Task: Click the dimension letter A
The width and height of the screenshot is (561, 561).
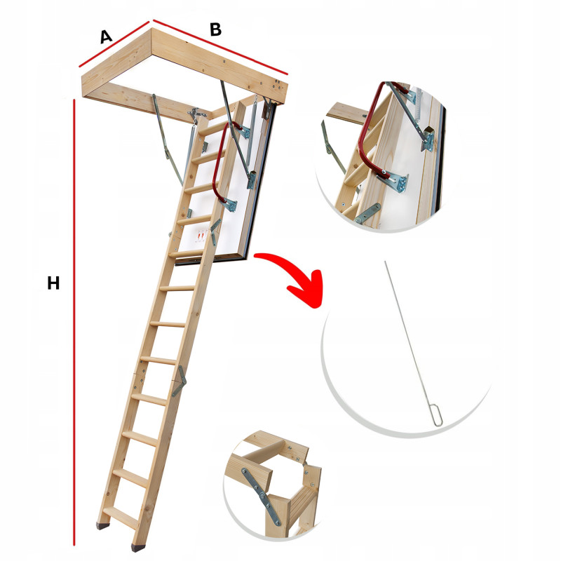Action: coord(106,36)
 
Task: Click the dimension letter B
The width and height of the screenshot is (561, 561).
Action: coord(216,29)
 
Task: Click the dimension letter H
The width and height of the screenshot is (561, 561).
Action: coord(53,283)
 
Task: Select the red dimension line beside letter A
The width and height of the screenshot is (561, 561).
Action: coord(114,44)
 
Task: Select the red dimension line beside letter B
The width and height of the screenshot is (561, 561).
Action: coord(220,47)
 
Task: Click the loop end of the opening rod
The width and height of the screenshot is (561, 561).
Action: coord(438,415)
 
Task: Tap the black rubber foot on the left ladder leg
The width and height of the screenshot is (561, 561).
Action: coord(103,525)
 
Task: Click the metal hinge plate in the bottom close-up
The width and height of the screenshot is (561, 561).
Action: coord(261,495)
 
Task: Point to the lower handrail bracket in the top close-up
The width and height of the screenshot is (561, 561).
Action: coord(397,181)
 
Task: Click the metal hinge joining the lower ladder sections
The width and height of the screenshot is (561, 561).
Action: coord(180,381)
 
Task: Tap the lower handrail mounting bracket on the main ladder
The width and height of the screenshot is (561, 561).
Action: coord(230,205)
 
